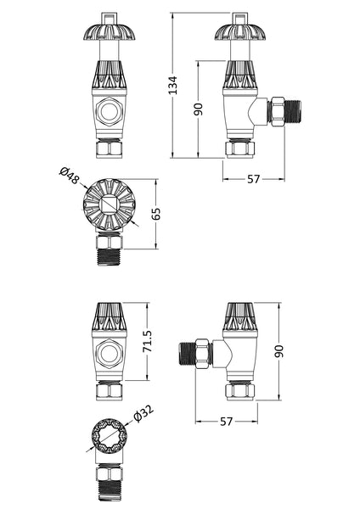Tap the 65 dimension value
pyautogui.click(x=155, y=213)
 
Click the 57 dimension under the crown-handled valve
pyautogui.click(x=252, y=177)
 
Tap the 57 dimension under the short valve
pyautogui.click(x=225, y=421)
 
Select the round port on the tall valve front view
pyautogui.click(x=108, y=111)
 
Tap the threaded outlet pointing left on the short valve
pyautogui.click(x=188, y=351)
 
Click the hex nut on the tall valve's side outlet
pyautogui.click(x=276, y=110)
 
